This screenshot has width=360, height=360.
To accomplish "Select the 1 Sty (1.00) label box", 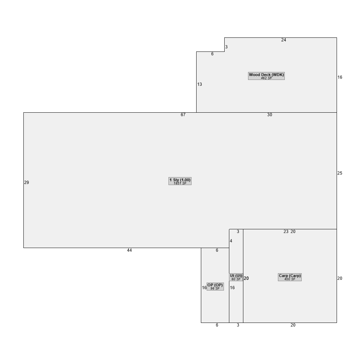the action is (x=180, y=181).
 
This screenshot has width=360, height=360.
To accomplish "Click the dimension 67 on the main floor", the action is (x=183, y=115).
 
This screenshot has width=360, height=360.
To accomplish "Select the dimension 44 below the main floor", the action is (x=130, y=250).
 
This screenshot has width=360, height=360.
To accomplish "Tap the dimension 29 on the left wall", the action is (x=27, y=183).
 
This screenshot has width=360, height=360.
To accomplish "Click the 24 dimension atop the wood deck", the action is (x=284, y=40).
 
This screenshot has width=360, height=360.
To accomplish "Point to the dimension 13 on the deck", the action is (x=199, y=84).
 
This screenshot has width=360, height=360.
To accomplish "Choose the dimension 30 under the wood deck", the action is (x=270, y=115).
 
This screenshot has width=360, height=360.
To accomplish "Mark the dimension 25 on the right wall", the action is (x=340, y=173).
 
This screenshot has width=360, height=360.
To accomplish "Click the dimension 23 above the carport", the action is (x=286, y=231).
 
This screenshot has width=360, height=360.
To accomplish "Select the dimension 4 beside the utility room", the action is (x=231, y=241).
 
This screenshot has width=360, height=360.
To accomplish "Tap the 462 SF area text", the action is (x=266, y=78).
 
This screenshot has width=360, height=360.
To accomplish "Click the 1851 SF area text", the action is (x=180, y=183).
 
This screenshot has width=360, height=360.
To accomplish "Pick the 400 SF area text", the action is (x=290, y=279).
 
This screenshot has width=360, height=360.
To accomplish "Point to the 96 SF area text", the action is (x=215, y=289).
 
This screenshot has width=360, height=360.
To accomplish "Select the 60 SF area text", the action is (x=236, y=279).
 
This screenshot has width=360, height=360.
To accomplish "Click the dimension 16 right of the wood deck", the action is (x=340, y=77).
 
